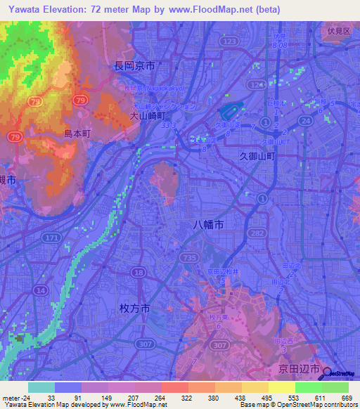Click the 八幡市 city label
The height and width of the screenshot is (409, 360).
tap(209, 225)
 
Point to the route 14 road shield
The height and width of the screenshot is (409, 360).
tap(41, 290)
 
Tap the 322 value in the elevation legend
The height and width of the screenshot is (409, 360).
tap(179, 398)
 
